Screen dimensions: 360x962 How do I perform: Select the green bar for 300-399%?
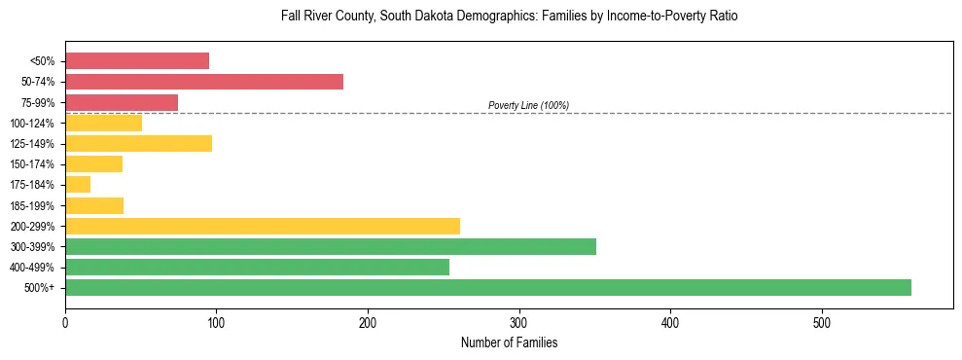coord(331,246)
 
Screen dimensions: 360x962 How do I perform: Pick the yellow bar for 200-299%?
coord(263,226)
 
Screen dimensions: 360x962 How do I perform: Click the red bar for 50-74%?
coord(204,82)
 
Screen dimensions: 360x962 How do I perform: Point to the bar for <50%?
coord(137,60)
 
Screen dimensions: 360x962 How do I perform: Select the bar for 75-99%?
coord(122,102)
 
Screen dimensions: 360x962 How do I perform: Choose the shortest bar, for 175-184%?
coord(78,185)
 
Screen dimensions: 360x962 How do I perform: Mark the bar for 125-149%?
coord(138,143)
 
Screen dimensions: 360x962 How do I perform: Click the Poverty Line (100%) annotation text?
coord(528,105)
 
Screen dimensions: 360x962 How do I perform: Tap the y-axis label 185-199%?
coord(32,205)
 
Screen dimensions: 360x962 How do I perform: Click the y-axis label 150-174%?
coord(32,164)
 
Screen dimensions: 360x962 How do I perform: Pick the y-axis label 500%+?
coord(40,288)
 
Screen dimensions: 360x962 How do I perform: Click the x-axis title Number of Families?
coord(509,342)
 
